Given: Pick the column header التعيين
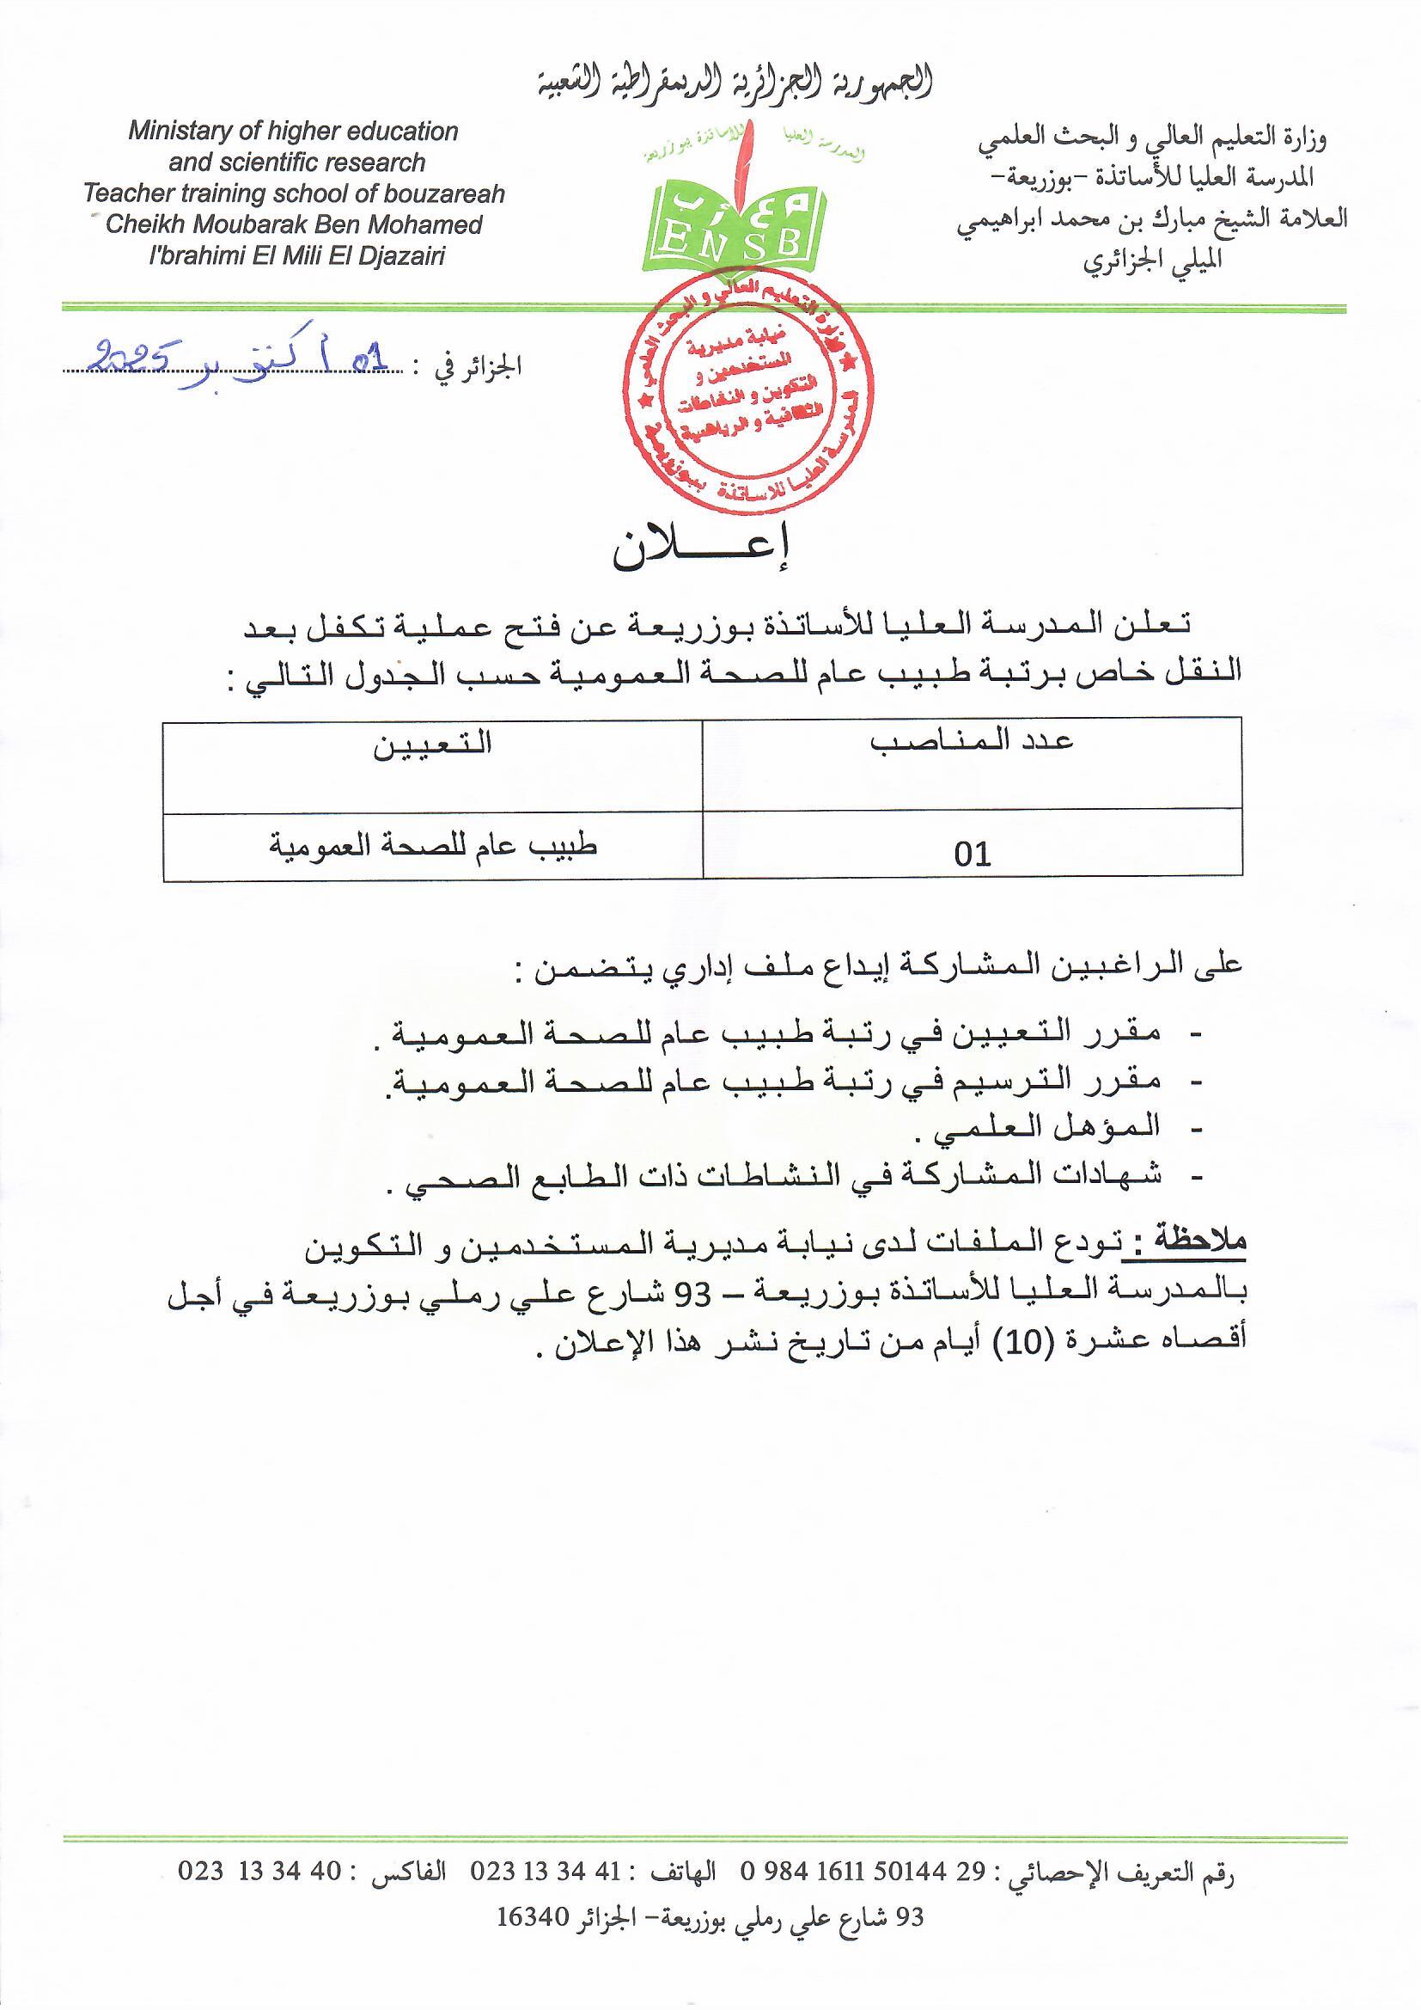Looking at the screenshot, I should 432,744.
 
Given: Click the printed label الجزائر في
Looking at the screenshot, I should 479,367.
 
